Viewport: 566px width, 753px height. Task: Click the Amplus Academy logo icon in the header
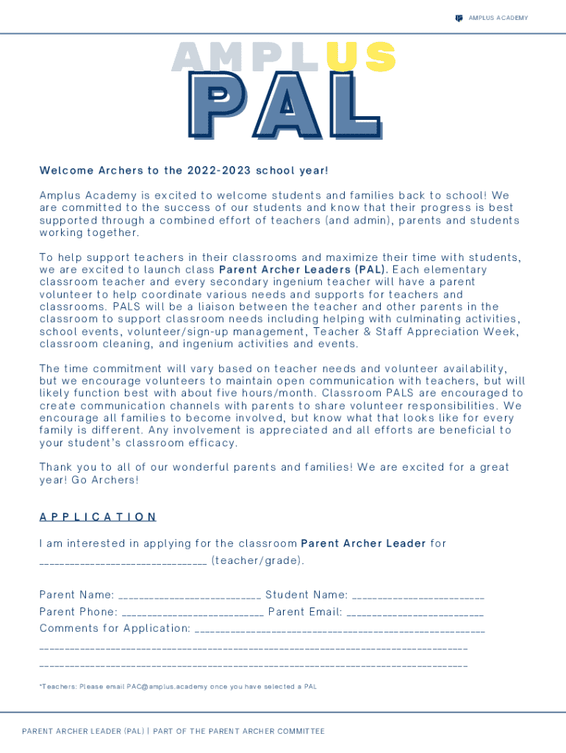point(459,18)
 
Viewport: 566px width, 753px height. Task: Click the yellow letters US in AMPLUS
point(362,57)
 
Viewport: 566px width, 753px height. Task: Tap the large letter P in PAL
point(218,107)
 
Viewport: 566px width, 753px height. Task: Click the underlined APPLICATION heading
point(98,517)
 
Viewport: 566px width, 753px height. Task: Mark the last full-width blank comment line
point(253,665)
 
